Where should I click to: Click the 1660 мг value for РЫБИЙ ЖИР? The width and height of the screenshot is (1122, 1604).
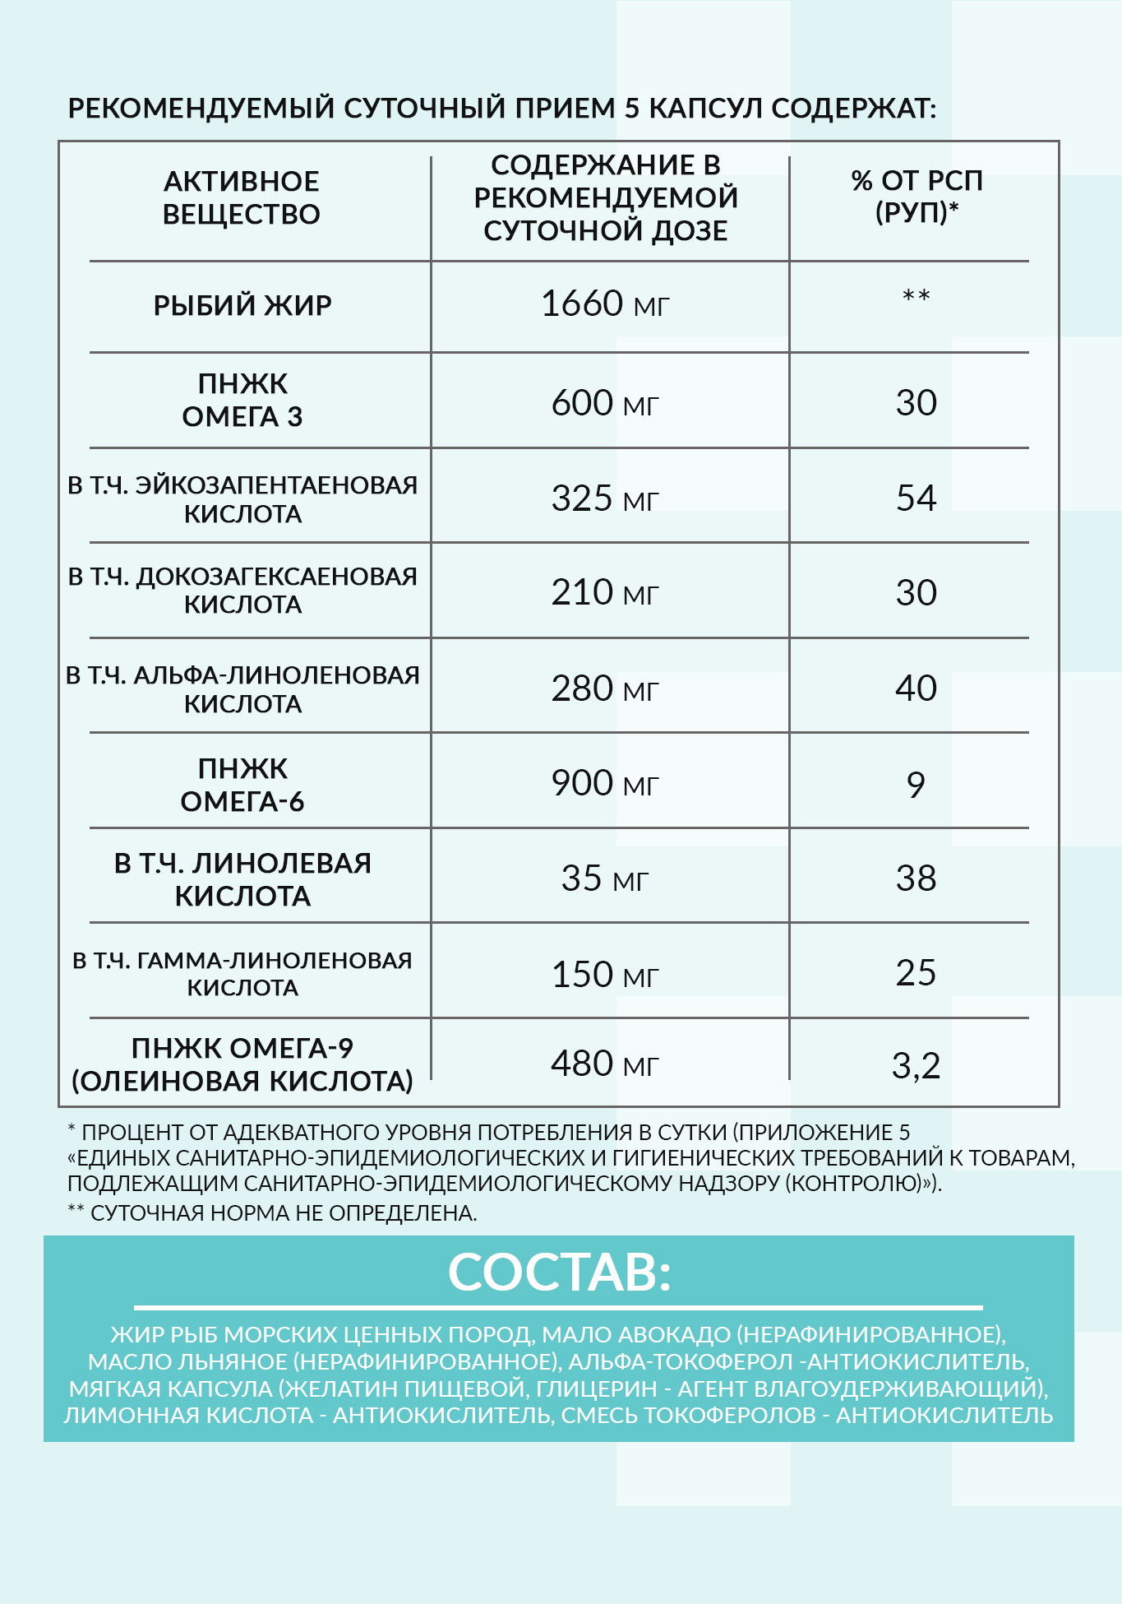605,304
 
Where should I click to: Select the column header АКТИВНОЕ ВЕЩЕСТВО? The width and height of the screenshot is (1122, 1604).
242,198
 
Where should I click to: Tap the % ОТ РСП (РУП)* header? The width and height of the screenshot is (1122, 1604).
917,197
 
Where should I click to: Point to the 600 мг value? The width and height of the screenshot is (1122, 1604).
605,403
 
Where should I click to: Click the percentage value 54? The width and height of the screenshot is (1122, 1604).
916,498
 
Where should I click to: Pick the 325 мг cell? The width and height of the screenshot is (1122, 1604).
605,498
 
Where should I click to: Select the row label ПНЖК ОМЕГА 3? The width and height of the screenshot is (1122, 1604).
242,401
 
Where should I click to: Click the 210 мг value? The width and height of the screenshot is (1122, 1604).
605,592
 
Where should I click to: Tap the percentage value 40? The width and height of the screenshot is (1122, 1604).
916,688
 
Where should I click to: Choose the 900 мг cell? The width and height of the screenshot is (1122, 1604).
605,783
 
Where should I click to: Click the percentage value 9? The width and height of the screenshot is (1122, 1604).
916,785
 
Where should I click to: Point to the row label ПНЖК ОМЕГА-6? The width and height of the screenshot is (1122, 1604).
242,785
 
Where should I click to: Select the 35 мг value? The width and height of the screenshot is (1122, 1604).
605,878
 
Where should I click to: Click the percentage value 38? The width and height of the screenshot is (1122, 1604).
916,878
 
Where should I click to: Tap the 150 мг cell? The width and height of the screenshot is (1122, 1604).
605,975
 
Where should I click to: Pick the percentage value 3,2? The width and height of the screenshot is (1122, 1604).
916,1066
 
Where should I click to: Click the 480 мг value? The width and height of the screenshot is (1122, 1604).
605,1064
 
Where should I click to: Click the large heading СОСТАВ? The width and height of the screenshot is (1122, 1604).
559,1273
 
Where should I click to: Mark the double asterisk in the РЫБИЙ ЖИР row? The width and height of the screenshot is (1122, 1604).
916,295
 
